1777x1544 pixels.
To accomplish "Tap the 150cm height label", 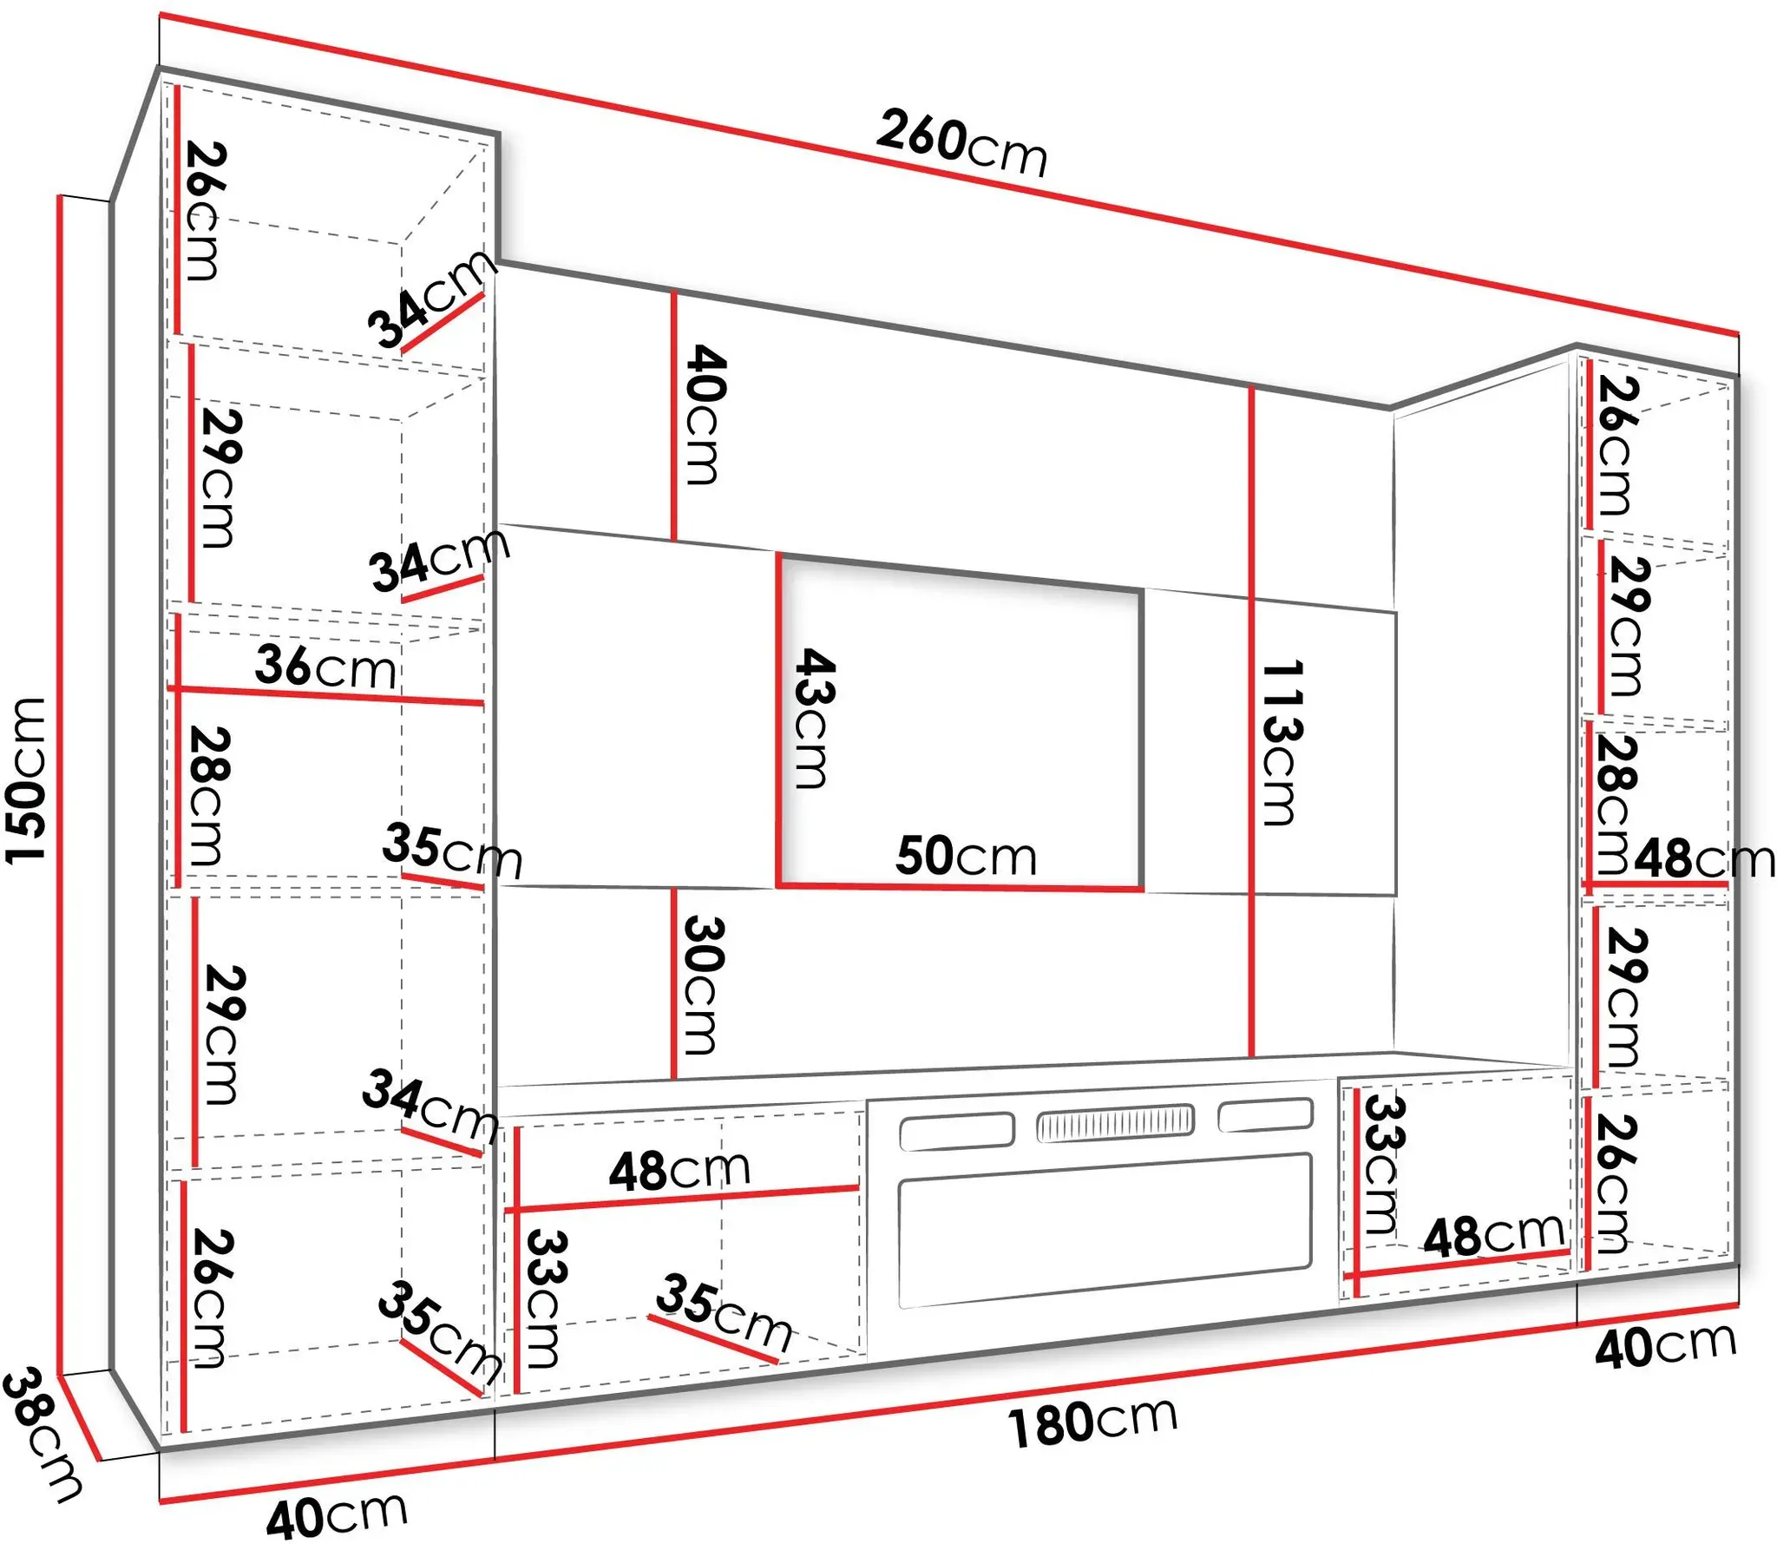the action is [x=26, y=780].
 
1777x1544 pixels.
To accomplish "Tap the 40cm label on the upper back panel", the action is [x=705, y=414].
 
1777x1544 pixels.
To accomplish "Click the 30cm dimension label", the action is [x=703, y=984].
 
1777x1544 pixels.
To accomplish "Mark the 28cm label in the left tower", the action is [x=209, y=797].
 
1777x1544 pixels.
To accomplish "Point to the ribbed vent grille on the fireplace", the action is [x=1115, y=1123].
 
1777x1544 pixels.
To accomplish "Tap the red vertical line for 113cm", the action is [x=1251, y=721].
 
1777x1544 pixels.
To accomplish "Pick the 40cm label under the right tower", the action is [x=1666, y=1347].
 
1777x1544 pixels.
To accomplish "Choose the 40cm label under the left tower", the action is [x=337, y=1515].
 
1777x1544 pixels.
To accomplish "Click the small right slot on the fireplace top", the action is [x=1265, y=1115].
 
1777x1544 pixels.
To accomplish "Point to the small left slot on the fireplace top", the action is [x=957, y=1132].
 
